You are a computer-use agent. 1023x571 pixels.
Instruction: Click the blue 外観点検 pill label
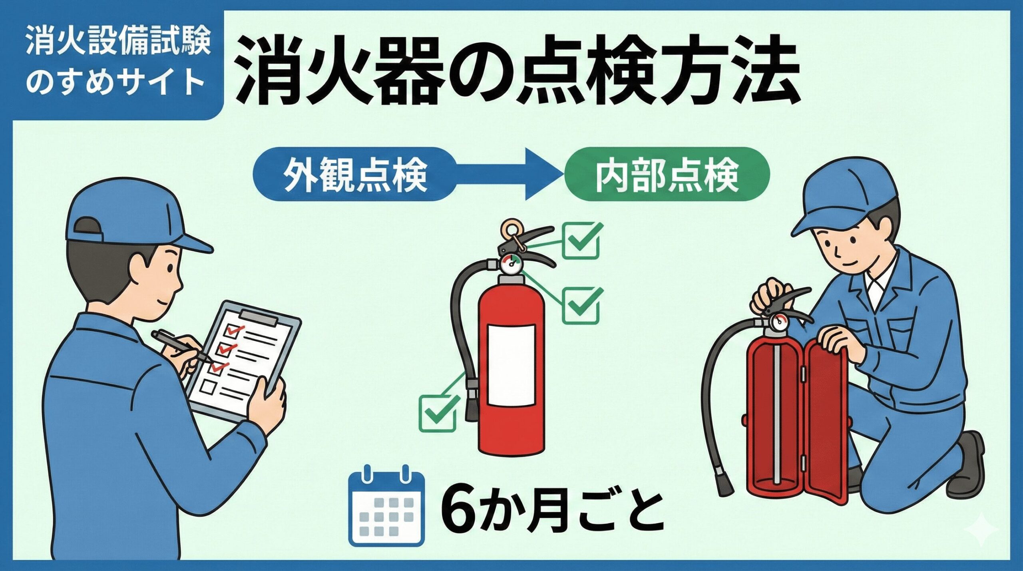(354, 175)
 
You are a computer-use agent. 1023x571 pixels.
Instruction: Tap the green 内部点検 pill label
(667, 175)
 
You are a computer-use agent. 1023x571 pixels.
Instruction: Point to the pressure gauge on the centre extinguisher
(510, 264)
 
